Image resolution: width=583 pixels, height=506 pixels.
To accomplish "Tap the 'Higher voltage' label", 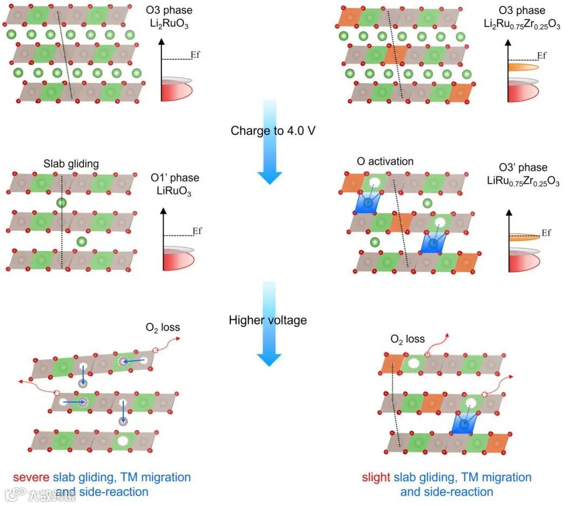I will click(268, 320).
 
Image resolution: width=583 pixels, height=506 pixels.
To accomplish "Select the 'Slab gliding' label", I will click(72, 164).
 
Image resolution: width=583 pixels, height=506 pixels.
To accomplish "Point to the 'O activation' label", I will click(385, 161).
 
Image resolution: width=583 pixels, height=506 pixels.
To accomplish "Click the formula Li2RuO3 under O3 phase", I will click(169, 23).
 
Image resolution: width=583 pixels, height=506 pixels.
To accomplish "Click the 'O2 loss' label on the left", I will click(162, 328).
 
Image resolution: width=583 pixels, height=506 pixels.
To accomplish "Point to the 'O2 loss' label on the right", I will click(408, 340).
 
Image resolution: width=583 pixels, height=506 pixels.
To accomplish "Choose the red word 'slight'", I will click(376, 477).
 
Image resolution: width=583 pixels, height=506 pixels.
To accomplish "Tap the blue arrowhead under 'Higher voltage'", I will click(269, 359).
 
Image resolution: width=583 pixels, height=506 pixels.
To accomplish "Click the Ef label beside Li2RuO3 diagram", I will click(195, 55).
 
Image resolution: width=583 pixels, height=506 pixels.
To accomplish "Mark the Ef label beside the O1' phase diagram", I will click(198, 231).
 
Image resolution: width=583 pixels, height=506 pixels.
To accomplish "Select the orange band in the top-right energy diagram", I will click(523, 68).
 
